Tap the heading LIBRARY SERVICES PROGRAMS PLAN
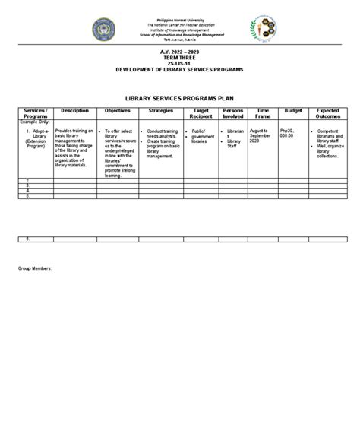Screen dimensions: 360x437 [x=179, y=98]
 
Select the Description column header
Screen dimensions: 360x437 [x=74, y=111]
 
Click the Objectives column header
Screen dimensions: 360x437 [x=118, y=111]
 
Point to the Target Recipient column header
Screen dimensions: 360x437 [x=201, y=114]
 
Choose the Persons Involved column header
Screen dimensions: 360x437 [x=233, y=114]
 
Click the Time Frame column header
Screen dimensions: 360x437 [x=263, y=114]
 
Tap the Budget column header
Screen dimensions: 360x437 [x=292, y=111]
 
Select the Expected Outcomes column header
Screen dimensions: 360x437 [x=327, y=114]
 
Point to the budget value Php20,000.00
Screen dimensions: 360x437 [x=288, y=135]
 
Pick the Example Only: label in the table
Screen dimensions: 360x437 [x=33, y=121]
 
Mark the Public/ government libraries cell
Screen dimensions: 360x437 [x=201, y=137]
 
